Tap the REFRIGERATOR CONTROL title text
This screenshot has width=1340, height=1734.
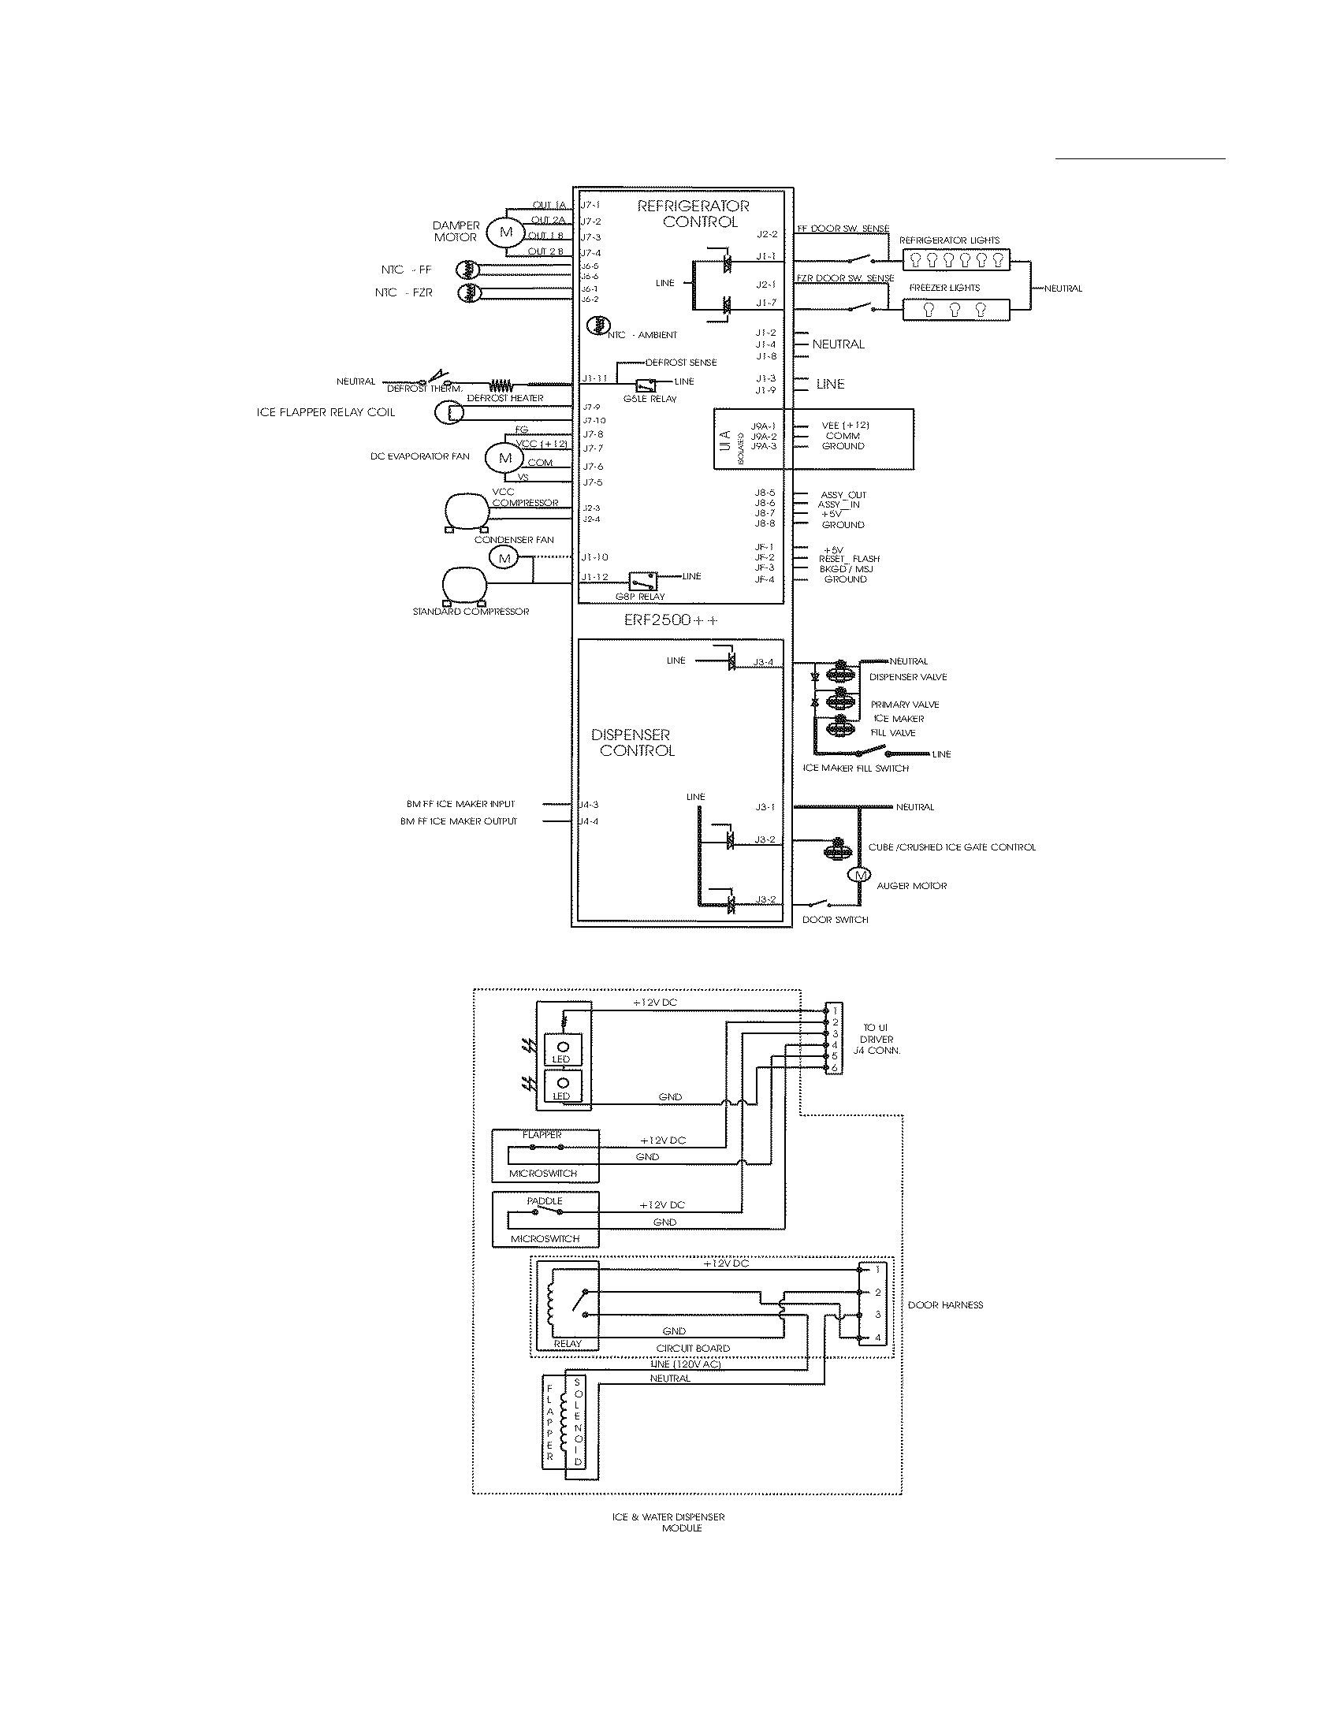[x=693, y=214]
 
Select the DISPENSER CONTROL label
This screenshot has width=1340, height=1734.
[x=634, y=742]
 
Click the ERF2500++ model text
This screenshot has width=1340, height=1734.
[x=670, y=621]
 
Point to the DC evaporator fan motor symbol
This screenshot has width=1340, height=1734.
[x=506, y=458]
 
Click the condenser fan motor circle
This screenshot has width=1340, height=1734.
[x=504, y=558]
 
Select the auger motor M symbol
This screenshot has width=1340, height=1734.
[x=859, y=876]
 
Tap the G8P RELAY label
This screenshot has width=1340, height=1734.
[x=640, y=597]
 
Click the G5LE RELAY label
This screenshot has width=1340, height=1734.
[x=650, y=399]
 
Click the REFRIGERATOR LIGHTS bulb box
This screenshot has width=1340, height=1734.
[x=956, y=259]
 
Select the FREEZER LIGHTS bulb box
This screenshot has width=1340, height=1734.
[x=956, y=310]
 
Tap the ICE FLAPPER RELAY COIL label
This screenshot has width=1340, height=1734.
[x=326, y=412]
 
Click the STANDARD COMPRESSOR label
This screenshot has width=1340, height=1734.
[x=470, y=612]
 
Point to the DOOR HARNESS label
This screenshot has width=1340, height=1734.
[x=944, y=1304]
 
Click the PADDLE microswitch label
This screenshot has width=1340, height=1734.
[x=545, y=1201]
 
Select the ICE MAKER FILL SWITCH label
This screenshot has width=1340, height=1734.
[x=856, y=768]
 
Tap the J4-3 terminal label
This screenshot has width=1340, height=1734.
[x=588, y=804]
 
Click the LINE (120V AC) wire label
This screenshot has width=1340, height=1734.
[x=685, y=1363]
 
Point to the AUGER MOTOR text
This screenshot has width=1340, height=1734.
[x=911, y=886]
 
